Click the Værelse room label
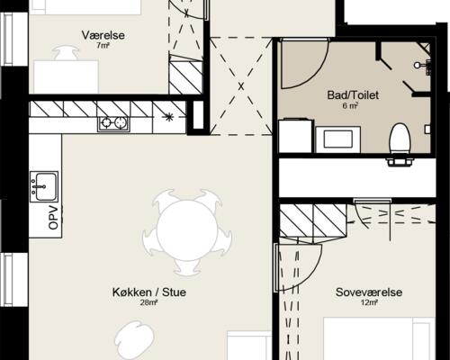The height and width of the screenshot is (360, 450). click(103, 35)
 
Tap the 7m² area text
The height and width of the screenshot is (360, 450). click(103, 46)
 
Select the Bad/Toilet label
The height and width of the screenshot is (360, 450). click(353, 95)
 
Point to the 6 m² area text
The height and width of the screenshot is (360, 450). click(350, 105)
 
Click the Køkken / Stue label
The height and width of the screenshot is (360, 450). click(149, 292)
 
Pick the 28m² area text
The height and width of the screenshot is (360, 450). click(148, 302)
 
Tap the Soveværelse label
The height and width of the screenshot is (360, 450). click(369, 292)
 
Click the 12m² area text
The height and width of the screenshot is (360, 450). click(369, 302)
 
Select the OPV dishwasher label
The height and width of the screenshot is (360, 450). click(53, 218)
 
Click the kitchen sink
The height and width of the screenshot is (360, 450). click(44, 186)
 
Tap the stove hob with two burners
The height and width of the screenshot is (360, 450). click(113, 122)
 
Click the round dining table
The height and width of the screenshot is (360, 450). click(187, 230)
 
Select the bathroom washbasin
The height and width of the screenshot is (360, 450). click(337, 139)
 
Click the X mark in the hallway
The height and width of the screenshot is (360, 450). click(241, 86)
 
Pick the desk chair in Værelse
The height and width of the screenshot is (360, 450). click(67, 53)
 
